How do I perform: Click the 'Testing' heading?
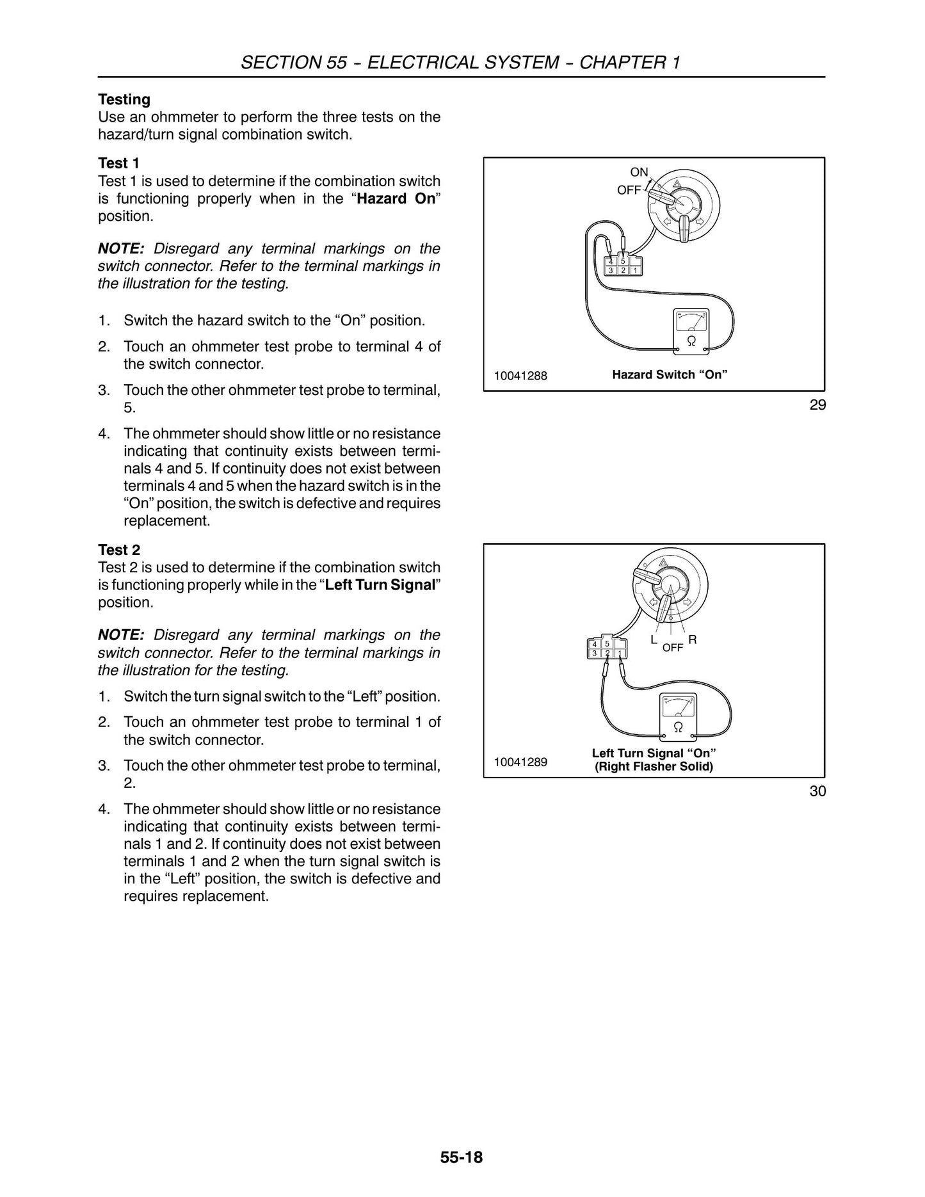point(124,100)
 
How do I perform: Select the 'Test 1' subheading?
point(119,163)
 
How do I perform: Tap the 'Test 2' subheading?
point(119,550)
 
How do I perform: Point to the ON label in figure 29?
point(639,172)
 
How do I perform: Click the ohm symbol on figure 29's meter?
point(691,341)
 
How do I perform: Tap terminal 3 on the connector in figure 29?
point(611,270)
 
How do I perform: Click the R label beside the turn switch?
point(693,639)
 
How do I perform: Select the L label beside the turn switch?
point(654,639)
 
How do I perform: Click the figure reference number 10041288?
point(520,376)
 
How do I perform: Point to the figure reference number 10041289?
point(520,762)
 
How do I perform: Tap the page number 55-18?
point(462,1157)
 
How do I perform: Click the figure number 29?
point(817,405)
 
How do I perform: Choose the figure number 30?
point(817,791)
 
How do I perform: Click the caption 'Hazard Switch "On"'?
point(670,374)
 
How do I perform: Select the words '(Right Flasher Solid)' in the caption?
point(654,766)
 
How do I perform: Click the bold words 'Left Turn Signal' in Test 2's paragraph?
point(380,585)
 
